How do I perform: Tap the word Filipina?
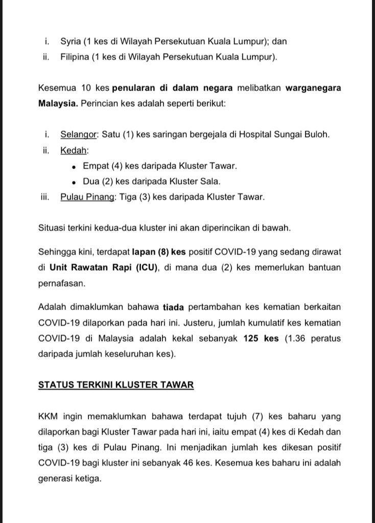coord(75,57)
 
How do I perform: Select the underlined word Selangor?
coord(79,135)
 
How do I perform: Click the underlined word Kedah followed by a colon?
coord(74,151)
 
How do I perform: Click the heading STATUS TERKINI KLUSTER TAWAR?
coord(116,385)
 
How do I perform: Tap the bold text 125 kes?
coord(261,339)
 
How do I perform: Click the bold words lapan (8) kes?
coord(159,252)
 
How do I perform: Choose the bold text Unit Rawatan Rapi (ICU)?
coord(104,268)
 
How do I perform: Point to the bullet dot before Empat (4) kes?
coord(75,167)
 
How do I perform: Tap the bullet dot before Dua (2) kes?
coord(75,182)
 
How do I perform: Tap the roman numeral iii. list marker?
coord(45,197)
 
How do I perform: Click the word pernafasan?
coord(61,282)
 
